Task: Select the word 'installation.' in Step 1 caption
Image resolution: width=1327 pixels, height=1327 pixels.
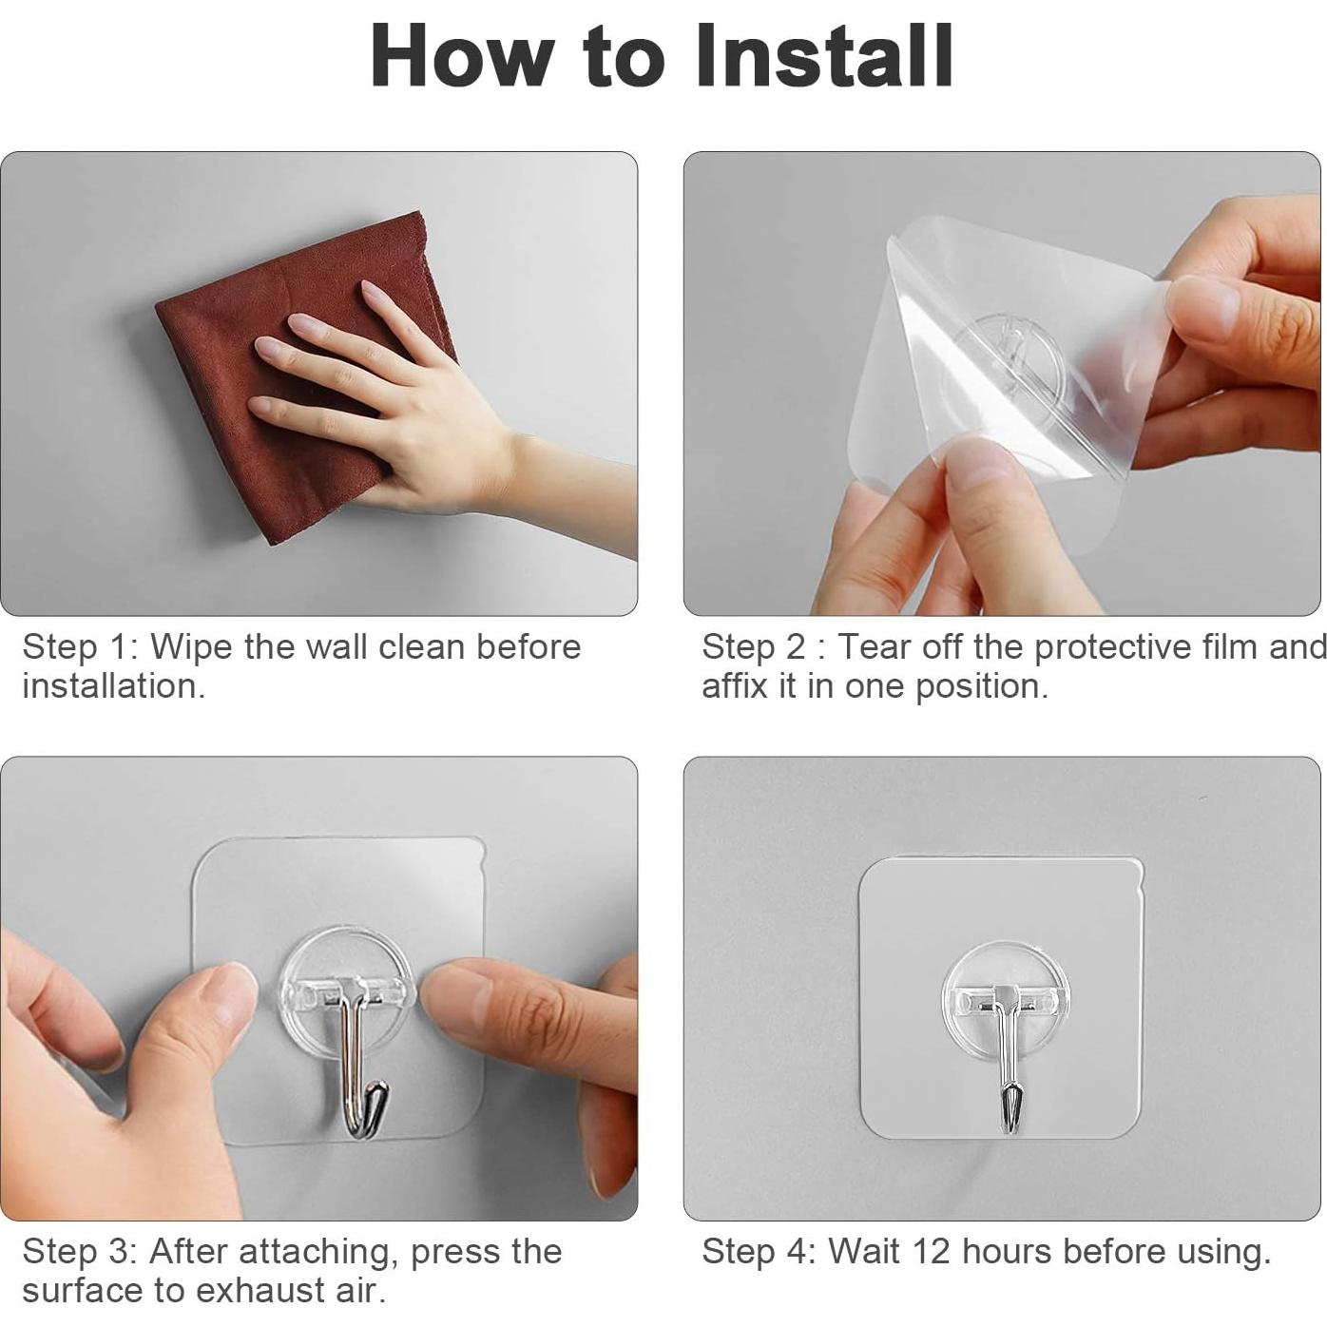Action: click(114, 686)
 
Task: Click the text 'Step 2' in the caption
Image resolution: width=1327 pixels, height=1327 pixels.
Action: click(753, 648)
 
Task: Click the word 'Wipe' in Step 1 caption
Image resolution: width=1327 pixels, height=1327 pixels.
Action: click(192, 648)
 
